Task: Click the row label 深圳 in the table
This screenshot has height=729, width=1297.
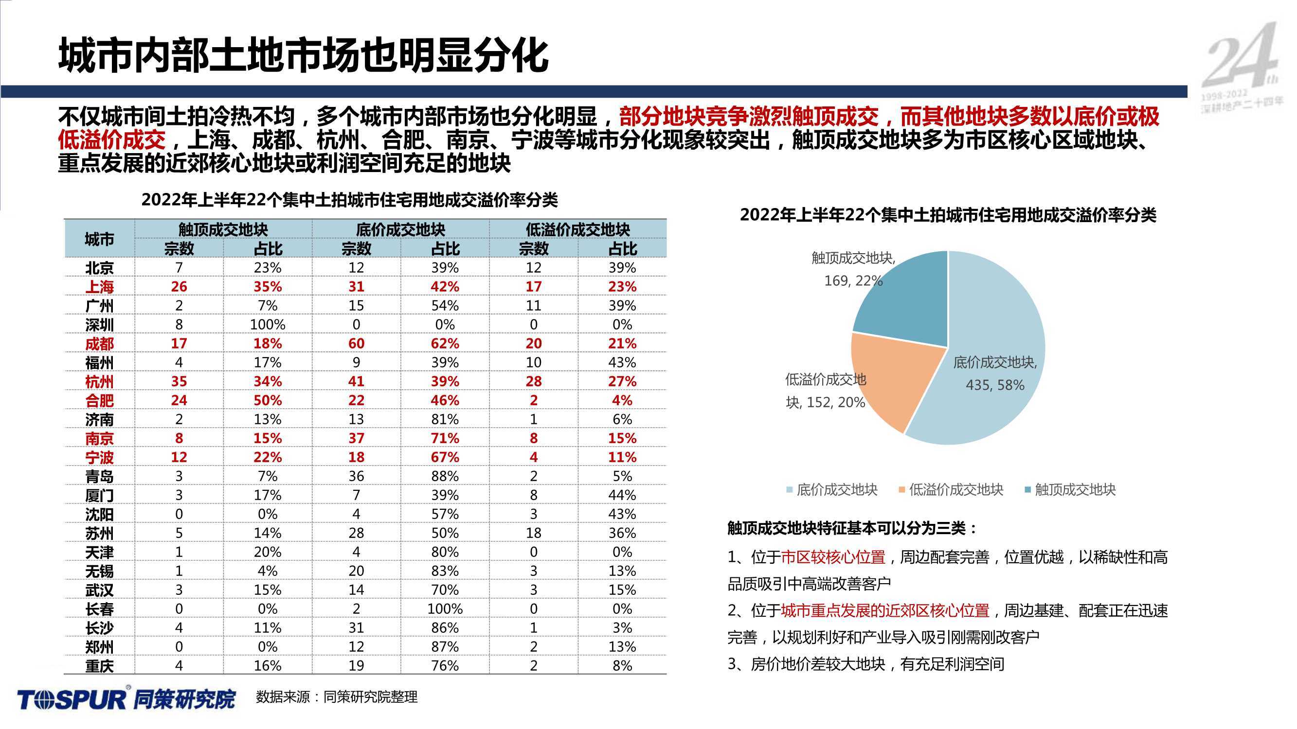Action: click(x=99, y=325)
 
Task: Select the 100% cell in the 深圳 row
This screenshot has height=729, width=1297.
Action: click(x=268, y=325)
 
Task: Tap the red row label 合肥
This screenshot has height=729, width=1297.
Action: click(x=99, y=401)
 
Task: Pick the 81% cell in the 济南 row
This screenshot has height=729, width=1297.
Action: click(x=445, y=419)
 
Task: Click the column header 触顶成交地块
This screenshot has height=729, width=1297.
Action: click(x=223, y=230)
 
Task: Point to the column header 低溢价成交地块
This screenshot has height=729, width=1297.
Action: click(x=578, y=230)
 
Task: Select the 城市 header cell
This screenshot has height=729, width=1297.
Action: click(x=99, y=239)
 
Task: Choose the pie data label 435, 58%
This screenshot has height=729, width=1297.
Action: click(x=995, y=385)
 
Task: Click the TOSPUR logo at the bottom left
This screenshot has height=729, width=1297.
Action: click(x=126, y=698)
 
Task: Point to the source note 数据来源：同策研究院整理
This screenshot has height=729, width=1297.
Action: click(x=337, y=697)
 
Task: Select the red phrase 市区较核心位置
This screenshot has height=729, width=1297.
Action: click(x=833, y=557)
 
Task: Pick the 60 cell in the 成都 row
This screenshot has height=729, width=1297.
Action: click(x=356, y=344)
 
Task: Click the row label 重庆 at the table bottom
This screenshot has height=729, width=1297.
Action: click(x=99, y=666)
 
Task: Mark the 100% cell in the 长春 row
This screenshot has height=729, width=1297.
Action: click(x=445, y=609)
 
